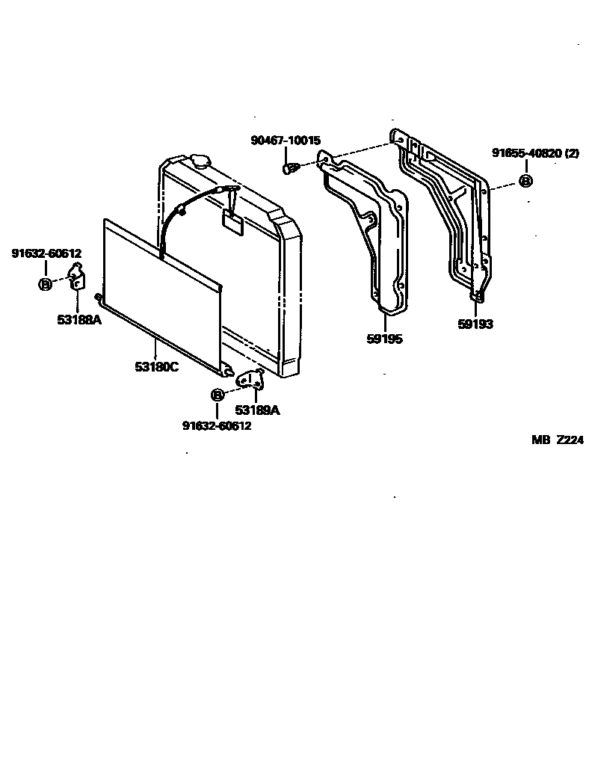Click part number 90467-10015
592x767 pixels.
click(285, 141)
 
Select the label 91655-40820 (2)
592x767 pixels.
click(535, 153)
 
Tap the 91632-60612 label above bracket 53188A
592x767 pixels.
click(46, 253)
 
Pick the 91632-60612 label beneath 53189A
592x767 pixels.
click(217, 425)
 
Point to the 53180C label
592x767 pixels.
click(156, 367)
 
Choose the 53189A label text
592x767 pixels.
click(257, 410)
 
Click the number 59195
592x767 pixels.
click(384, 339)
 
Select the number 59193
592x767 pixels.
click(475, 324)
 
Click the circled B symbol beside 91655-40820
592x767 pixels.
click(525, 181)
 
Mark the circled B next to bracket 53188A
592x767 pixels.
click(45, 283)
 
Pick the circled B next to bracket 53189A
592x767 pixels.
click(217, 395)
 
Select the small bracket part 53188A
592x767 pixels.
click(76, 277)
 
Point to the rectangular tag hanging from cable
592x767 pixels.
click(232, 223)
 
